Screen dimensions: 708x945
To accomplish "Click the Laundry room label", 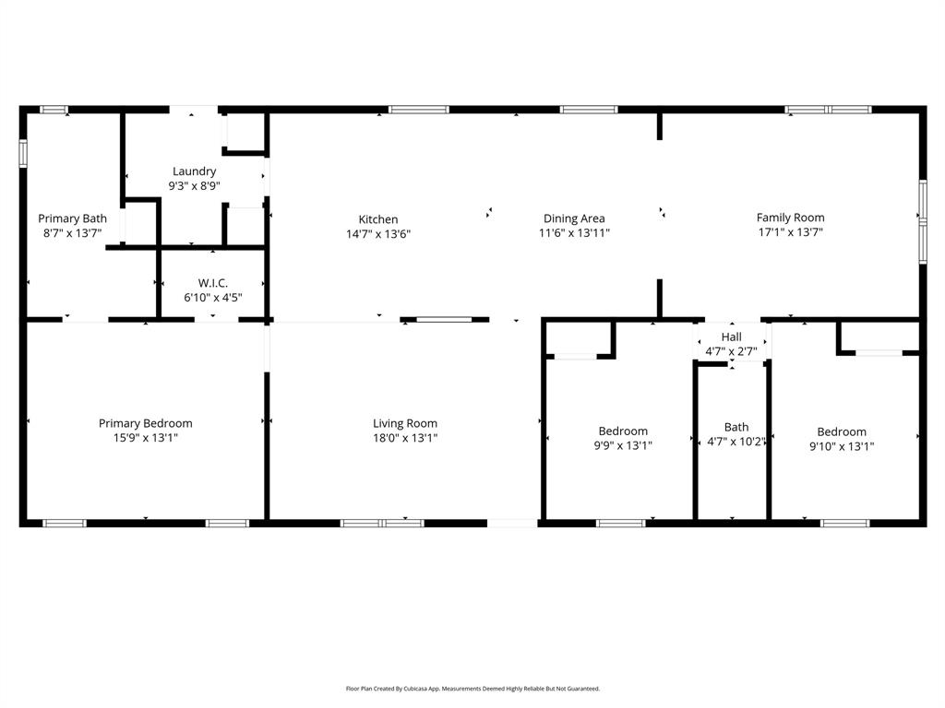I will point(194,171).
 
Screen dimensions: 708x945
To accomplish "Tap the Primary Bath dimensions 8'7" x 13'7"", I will point(72,233).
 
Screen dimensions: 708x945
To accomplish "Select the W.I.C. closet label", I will point(212,283).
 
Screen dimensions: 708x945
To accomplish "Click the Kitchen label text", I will point(378,219).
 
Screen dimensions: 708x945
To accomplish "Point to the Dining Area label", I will point(574,218).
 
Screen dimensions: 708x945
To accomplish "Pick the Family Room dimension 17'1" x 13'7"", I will point(791,232).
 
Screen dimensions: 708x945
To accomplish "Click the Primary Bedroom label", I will point(146,423).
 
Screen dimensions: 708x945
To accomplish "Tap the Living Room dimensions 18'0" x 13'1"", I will point(405,438).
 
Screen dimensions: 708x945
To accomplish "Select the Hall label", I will point(731,337).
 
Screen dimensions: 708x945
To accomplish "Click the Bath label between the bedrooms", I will point(736,427).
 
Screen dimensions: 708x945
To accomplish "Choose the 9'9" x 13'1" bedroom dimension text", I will point(623,445).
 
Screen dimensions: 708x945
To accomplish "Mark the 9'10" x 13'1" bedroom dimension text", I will point(842,446).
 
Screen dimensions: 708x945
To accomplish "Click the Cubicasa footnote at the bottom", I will point(472,689).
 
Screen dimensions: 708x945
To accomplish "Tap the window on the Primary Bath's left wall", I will point(23,153).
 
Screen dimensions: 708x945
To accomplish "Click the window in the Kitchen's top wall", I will point(418,110).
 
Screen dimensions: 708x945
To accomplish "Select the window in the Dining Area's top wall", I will point(589,110).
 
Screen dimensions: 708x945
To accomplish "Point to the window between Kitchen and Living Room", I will point(443,320).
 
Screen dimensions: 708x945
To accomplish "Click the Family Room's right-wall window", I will point(922,221).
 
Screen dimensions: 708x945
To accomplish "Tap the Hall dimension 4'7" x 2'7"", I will point(731,351).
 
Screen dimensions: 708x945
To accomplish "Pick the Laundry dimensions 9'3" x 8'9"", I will point(194,186).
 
